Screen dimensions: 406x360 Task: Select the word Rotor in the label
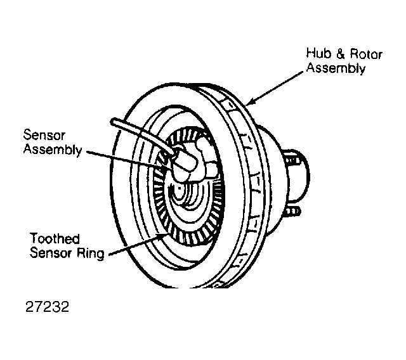(x=366, y=54)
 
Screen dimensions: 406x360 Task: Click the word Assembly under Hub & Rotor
(x=336, y=68)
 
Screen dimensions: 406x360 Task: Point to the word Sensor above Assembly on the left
(x=44, y=135)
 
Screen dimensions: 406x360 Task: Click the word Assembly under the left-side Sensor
(x=53, y=150)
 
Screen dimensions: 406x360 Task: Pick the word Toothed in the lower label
(x=55, y=238)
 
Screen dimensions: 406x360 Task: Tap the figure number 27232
(x=48, y=307)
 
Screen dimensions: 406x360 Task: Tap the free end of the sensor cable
(x=114, y=121)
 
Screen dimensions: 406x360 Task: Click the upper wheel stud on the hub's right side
(x=293, y=161)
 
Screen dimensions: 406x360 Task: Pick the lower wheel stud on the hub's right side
(x=293, y=212)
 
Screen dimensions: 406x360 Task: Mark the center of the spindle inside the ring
(x=179, y=188)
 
